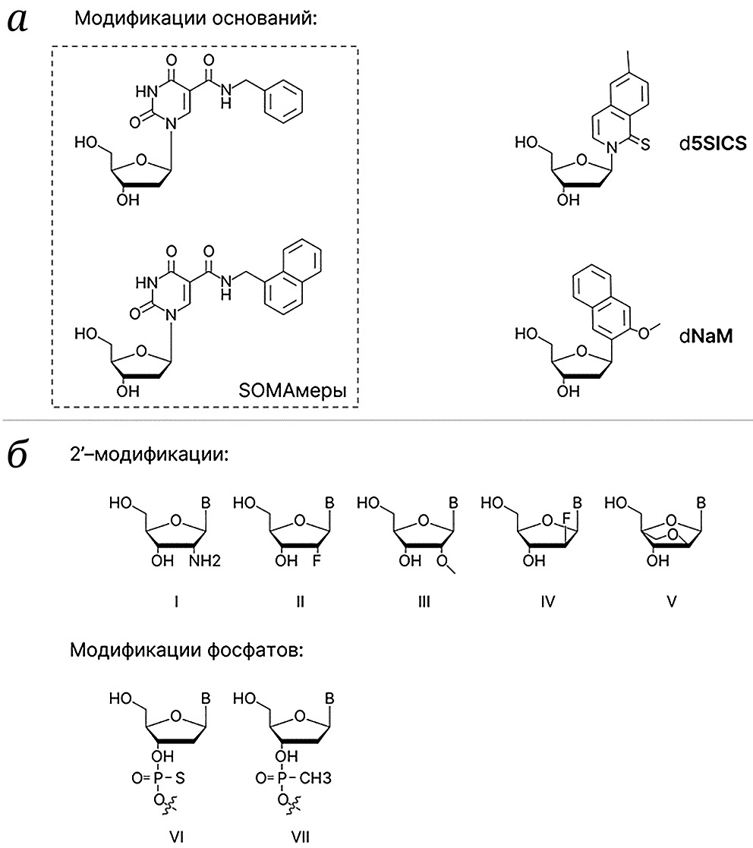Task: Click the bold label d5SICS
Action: [x=713, y=143]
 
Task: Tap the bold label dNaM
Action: [x=706, y=336]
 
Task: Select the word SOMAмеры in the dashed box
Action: [x=292, y=390]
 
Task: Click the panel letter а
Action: [x=18, y=21]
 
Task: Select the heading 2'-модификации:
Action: [x=150, y=454]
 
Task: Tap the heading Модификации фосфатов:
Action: [x=187, y=650]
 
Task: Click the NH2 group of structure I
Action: [x=205, y=560]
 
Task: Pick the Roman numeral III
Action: [x=424, y=601]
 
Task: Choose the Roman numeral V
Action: [x=671, y=601]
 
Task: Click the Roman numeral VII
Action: [x=301, y=837]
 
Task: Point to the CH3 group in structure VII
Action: [x=315, y=778]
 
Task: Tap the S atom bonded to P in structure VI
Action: [x=180, y=778]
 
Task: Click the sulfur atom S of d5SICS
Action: [x=645, y=144]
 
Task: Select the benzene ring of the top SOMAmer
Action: [x=283, y=101]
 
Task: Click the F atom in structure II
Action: [x=317, y=560]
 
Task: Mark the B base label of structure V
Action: [x=701, y=503]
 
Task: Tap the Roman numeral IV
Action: [x=547, y=601]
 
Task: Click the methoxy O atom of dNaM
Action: [x=643, y=333]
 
